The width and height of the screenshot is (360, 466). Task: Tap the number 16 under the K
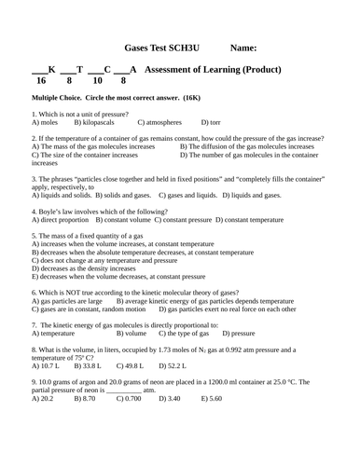tap(40, 82)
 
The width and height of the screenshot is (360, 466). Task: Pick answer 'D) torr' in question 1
tap(212, 122)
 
